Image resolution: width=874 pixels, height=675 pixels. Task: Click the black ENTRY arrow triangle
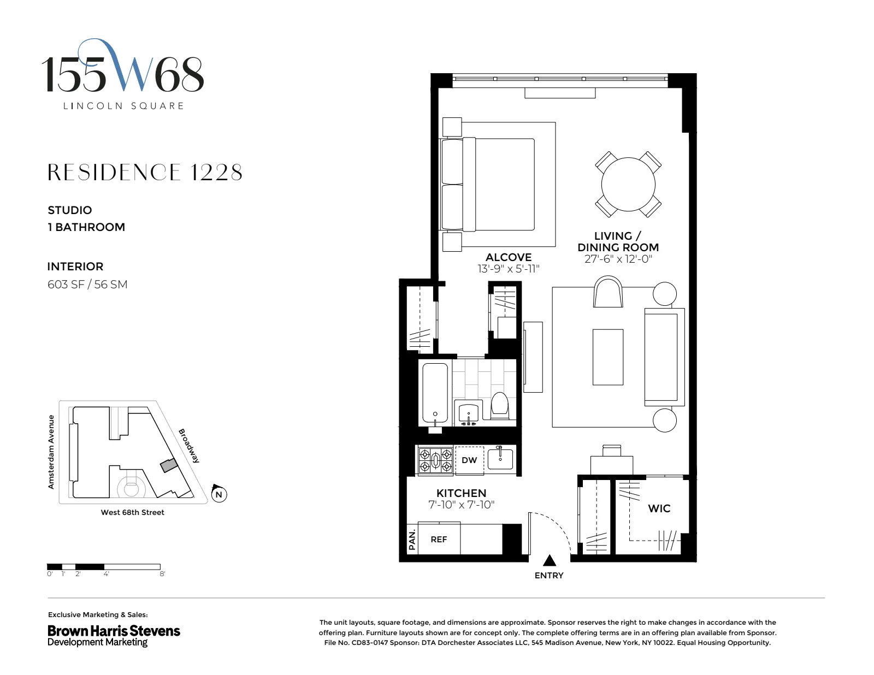click(550, 560)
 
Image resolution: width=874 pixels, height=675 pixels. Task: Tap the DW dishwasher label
click(469, 460)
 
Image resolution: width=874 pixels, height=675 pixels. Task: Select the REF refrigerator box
click(439, 540)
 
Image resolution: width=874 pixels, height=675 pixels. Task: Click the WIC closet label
click(659, 508)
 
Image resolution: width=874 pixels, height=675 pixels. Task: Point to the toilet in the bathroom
click(500, 405)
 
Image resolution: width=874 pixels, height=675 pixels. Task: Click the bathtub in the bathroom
click(435, 393)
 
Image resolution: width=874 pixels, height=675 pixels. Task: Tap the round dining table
click(628, 184)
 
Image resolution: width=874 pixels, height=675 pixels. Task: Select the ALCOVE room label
click(509, 257)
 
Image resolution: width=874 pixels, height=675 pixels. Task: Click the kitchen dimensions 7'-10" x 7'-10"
click(461, 505)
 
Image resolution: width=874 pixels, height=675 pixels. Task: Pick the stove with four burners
click(435, 460)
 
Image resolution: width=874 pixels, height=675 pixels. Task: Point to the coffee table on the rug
click(608, 357)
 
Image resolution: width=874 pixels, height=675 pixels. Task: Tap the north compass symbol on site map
click(218, 494)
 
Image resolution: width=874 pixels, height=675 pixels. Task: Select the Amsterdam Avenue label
click(51, 452)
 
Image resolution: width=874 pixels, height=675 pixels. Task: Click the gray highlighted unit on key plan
click(169, 466)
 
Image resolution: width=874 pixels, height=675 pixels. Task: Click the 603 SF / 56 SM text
click(87, 285)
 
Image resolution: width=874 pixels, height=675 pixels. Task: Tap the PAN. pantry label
click(412, 540)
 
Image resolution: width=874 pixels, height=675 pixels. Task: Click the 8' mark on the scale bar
click(162, 574)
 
